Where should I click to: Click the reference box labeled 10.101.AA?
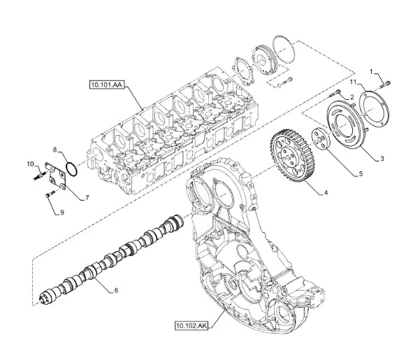[107, 85]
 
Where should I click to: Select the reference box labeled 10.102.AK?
[191, 326]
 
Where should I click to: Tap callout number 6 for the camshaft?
[116, 290]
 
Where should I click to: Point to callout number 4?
[326, 192]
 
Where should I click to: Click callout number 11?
[353, 82]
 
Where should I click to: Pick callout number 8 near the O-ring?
[55, 150]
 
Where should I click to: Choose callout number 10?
[31, 164]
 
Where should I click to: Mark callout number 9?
[62, 213]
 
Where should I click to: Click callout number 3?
[382, 159]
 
